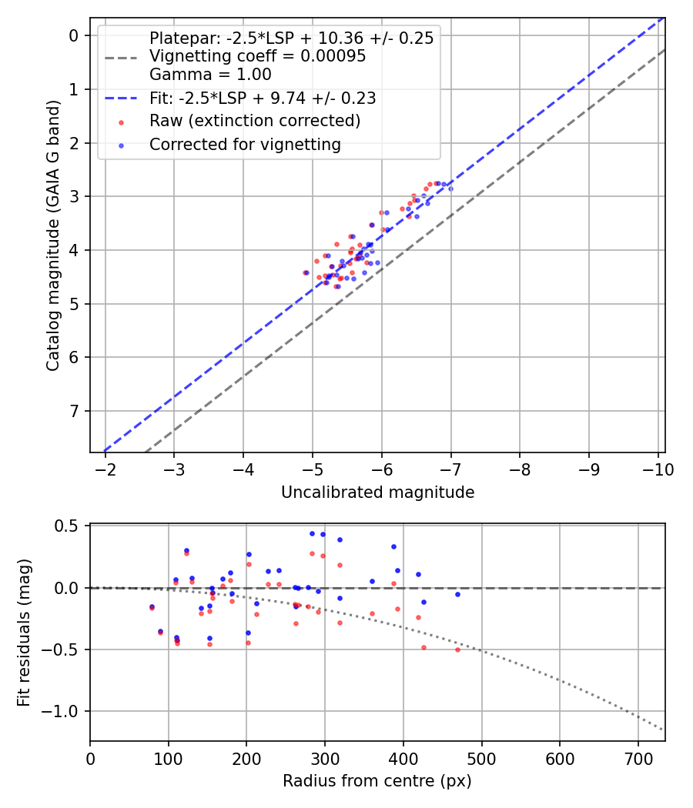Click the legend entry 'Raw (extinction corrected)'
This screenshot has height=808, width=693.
pyautogui.click(x=254, y=121)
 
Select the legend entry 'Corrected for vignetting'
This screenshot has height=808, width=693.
pyautogui.click(x=244, y=144)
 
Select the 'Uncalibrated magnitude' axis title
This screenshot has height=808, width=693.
pyautogui.click(x=377, y=492)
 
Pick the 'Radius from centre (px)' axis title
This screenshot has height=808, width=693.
pyautogui.click(x=377, y=781)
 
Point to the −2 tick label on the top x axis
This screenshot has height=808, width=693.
pyautogui.click(x=105, y=469)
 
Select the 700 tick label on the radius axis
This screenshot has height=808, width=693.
pyautogui.click(x=560, y=759)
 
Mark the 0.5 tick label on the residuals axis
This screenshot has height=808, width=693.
pyautogui.click(x=70, y=526)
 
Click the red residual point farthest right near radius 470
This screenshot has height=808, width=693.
pyautogui.click(x=457, y=649)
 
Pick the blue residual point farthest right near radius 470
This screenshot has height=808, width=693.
pyautogui.click(x=457, y=594)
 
